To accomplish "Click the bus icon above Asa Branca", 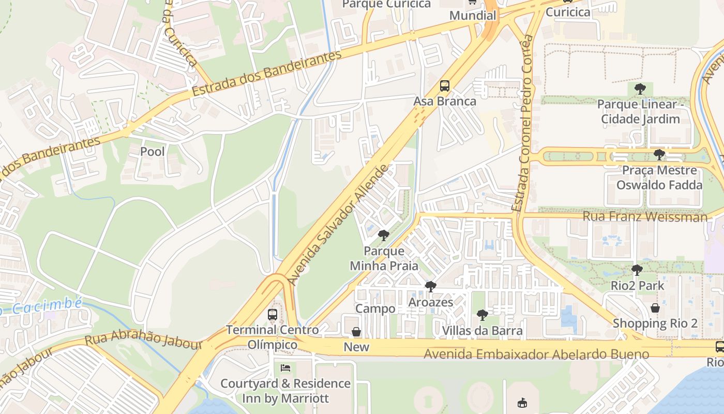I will [x=444, y=86].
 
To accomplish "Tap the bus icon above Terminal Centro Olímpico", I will [x=272, y=314].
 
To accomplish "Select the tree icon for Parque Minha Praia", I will [x=383, y=236].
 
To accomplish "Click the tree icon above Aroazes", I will [x=430, y=286].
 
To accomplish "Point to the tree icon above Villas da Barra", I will [x=482, y=315].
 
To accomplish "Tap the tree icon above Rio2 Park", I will [x=637, y=270].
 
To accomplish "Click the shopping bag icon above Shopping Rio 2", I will [x=655, y=308].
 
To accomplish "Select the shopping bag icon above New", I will [x=356, y=332].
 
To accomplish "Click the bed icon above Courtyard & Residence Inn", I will [x=285, y=368].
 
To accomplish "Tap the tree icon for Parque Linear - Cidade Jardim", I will [x=640, y=88].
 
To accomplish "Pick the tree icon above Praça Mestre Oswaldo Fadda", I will [x=659, y=154].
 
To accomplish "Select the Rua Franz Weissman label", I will [x=645, y=216].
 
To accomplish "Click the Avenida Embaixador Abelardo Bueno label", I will [x=536, y=354].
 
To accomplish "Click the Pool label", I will [x=153, y=152].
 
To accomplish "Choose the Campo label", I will [x=375, y=309].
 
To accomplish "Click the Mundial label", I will [x=473, y=16].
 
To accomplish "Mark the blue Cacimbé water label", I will [x=44, y=306].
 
